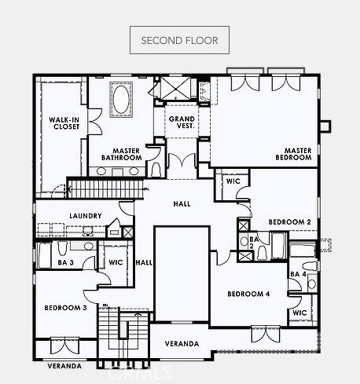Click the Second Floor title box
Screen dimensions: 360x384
pos(179,40)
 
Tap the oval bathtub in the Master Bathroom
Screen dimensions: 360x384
pos(121,100)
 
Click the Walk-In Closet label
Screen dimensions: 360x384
pos(64,123)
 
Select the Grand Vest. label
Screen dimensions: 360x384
pos(182,123)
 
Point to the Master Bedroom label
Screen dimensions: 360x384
pos(293,154)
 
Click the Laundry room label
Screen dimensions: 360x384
pos(86,216)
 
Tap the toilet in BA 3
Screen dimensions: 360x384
pos(62,248)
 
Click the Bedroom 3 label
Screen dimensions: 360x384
pos(65,308)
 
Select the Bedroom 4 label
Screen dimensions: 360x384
pos(248,294)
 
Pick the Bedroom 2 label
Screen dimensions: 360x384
pos(290,222)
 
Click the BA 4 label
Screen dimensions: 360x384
pos(298,274)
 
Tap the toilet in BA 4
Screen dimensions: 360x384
pos(309,266)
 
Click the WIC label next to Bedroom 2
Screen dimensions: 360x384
pos(233,181)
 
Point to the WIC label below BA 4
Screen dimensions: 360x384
pos(299,313)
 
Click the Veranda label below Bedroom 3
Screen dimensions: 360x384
pos(64,366)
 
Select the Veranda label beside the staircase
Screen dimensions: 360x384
pos(182,343)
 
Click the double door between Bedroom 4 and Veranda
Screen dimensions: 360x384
pos(266,335)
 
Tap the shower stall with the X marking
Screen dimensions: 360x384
pos(175,88)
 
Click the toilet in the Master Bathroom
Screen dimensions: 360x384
pos(156,170)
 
